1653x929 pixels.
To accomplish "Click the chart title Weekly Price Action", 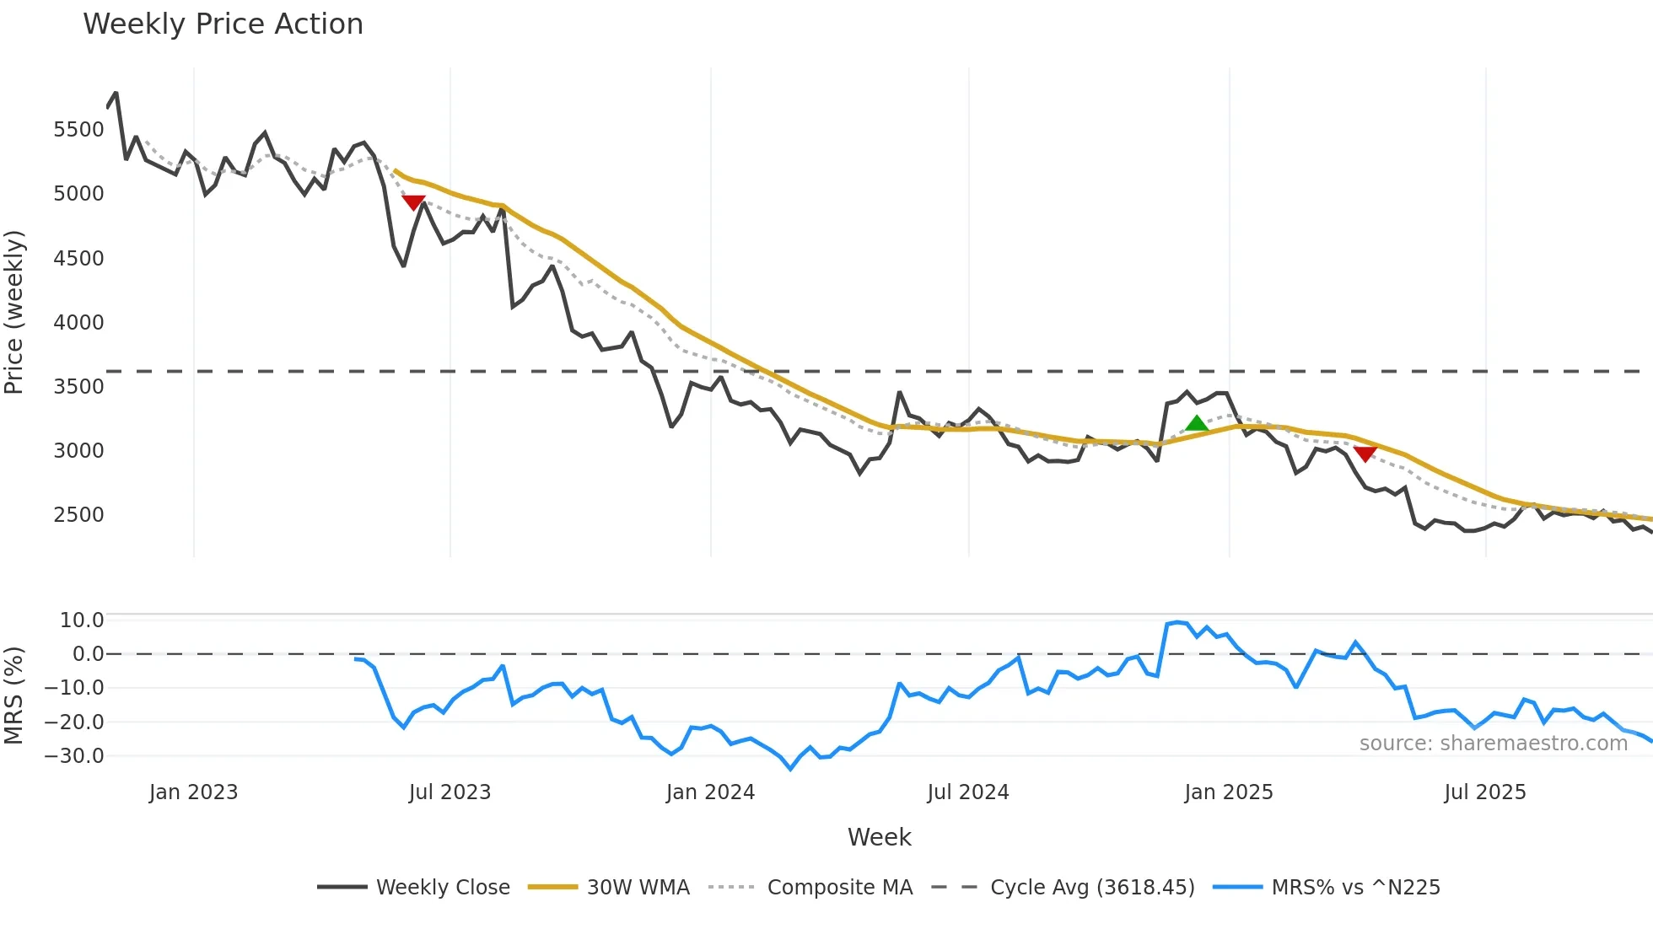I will [223, 24].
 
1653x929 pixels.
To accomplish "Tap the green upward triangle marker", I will [1196, 423].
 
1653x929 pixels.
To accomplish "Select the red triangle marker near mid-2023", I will [413, 202].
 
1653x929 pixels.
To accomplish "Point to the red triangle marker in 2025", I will [1365, 454].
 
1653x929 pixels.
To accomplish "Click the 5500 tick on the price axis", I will [78, 130].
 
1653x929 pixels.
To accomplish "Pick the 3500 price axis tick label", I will [78, 387].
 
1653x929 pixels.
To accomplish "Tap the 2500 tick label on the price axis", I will [78, 515].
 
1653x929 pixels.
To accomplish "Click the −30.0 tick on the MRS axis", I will [74, 756].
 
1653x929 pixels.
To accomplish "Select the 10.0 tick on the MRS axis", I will [82, 620].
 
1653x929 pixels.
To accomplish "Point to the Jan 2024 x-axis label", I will [710, 792].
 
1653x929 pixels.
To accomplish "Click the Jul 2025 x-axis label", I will [1484, 792].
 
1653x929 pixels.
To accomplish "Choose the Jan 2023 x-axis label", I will [193, 792].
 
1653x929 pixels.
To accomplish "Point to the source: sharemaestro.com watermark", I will [1493, 744].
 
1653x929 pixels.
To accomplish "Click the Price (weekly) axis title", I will [14, 312].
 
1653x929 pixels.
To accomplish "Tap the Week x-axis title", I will [879, 837].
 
